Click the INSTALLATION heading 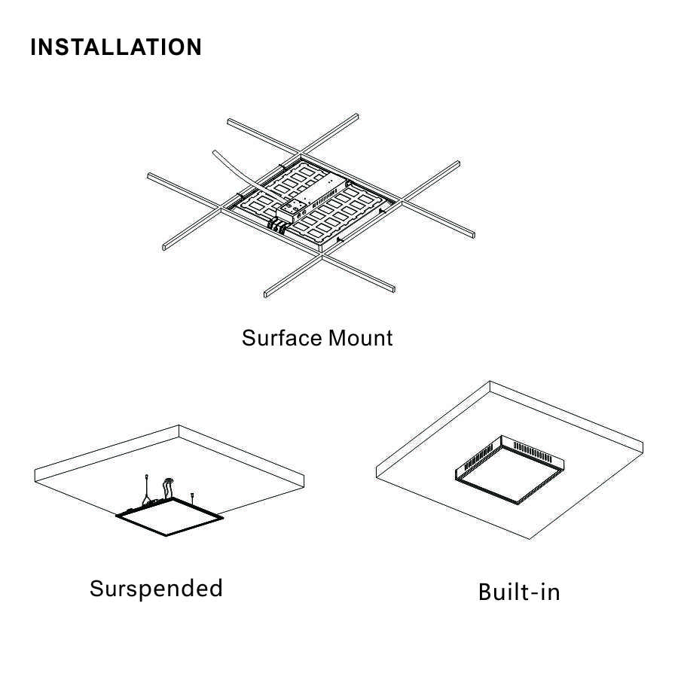(116, 47)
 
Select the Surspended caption (156, 588)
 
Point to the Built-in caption (519, 592)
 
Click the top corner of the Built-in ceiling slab (490, 382)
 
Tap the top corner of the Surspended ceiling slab (180, 426)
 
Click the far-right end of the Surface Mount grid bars (472, 235)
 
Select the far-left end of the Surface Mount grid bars (150, 176)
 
